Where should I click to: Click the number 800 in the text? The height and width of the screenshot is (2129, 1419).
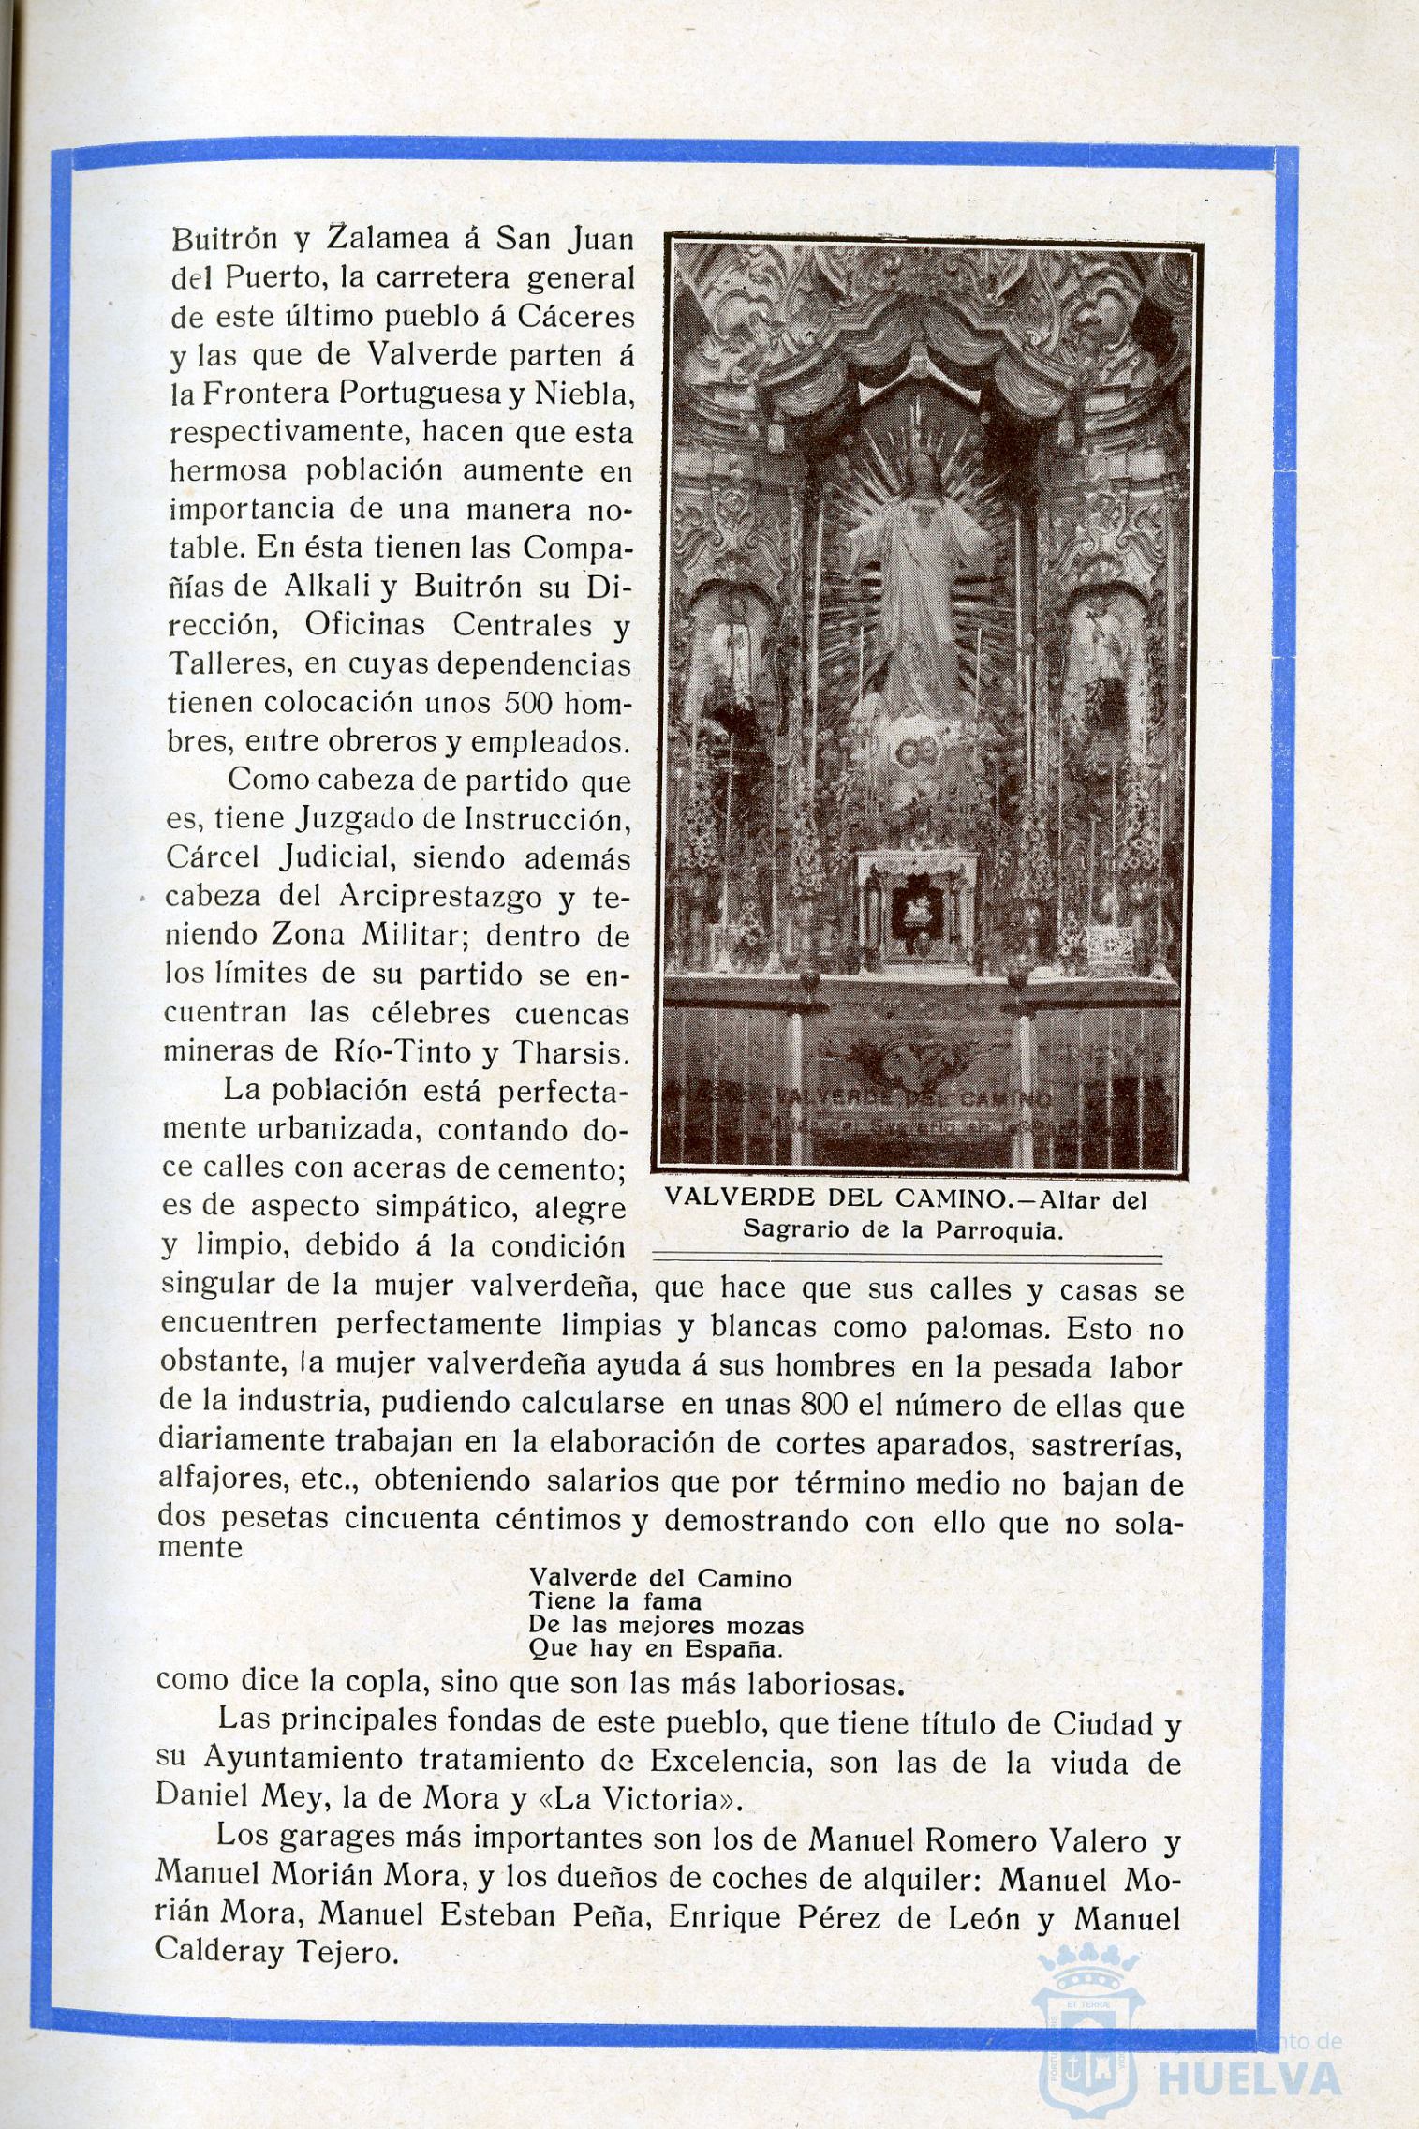825,1407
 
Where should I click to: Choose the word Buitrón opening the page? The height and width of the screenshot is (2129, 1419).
225,240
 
